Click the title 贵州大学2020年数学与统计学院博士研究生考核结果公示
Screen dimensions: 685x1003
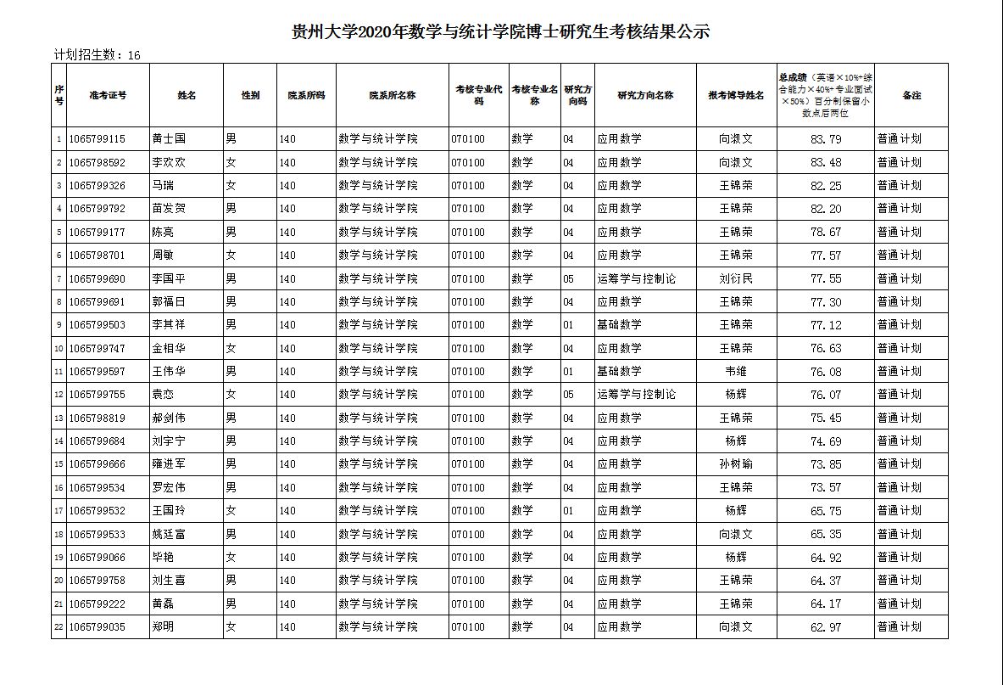coord(500,32)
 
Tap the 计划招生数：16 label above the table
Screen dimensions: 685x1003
coord(97,55)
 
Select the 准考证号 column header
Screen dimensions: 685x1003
coord(108,95)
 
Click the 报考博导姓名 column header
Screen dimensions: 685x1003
coord(736,95)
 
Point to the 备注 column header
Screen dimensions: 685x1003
coord(911,95)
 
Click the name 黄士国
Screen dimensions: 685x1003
coord(169,138)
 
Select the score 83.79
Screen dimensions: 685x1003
coord(826,138)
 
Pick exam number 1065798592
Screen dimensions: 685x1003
coord(98,162)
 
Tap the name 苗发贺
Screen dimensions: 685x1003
coord(169,208)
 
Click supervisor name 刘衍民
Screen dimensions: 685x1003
coord(736,278)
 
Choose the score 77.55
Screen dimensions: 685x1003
coord(826,278)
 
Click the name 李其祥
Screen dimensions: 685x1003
coord(169,324)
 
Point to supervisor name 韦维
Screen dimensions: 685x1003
coord(736,371)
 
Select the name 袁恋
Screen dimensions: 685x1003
coord(163,394)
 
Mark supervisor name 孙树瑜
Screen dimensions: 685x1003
coord(736,463)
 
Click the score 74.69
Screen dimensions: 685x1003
coord(826,441)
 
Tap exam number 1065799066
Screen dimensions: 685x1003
coord(98,557)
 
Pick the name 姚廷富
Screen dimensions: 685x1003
coord(169,534)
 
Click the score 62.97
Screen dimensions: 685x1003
coord(826,626)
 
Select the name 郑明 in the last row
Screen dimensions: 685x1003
coord(163,626)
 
